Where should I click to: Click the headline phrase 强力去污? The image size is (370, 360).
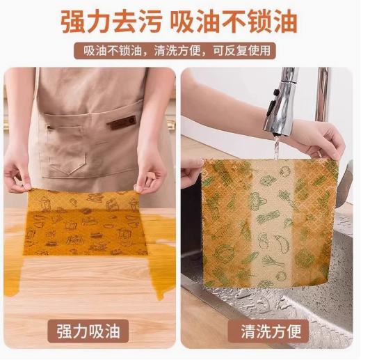(111, 22)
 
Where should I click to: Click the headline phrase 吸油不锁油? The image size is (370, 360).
(234, 22)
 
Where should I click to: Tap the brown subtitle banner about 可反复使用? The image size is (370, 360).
(175, 51)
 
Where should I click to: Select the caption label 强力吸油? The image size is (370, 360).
(88, 331)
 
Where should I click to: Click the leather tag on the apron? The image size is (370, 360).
(122, 123)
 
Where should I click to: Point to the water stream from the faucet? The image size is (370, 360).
(276, 147)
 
